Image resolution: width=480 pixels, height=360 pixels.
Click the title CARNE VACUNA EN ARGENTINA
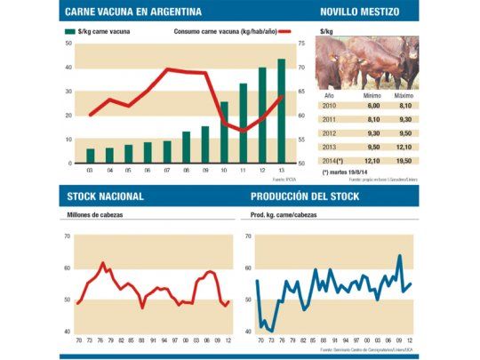coord(134,12)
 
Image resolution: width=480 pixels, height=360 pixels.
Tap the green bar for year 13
coord(281,111)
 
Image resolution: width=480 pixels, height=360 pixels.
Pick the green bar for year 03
coord(90,156)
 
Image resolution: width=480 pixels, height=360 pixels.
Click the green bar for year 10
coord(224,132)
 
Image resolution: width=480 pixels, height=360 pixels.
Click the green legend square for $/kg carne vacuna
coord(68,32)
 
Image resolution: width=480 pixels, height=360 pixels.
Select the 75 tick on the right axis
coord(300,43)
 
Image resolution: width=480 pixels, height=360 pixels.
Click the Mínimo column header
coord(372,94)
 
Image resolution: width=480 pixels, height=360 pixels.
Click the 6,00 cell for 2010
coord(372,105)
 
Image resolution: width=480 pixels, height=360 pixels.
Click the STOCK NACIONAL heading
coord(106,196)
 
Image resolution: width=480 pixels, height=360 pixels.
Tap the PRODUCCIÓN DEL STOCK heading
coord(305,196)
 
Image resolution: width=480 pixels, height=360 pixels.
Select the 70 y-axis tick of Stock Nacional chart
coord(67,236)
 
